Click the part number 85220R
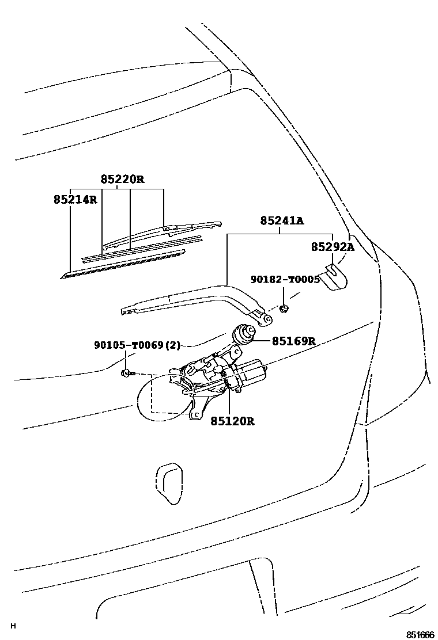coord(122,180)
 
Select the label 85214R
coord(75,200)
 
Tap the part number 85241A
coord(281,220)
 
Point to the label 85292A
coord(333,247)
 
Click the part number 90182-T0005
coord(285,279)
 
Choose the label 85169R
coord(293,341)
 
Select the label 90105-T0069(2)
coord(137,345)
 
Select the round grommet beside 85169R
coord(244,334)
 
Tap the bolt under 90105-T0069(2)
coord(127,374)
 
